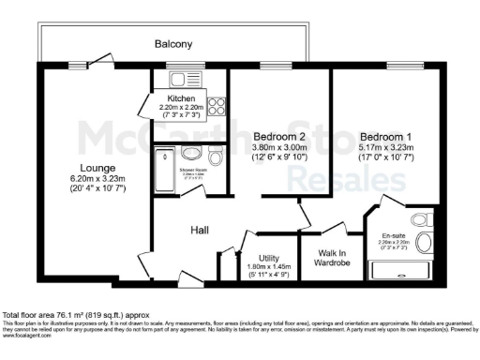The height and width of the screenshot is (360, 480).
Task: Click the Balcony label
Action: [x=173, y=44]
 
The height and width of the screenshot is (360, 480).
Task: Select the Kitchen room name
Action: [x=181, y=98]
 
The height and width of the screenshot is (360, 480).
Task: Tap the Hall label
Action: [x=199, y=230]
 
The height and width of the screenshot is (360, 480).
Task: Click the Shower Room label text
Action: [x=194, y=172]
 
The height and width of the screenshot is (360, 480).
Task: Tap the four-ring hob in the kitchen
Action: [x=215, y=107]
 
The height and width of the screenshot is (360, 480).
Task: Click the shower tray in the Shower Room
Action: [x=166, y=170]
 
